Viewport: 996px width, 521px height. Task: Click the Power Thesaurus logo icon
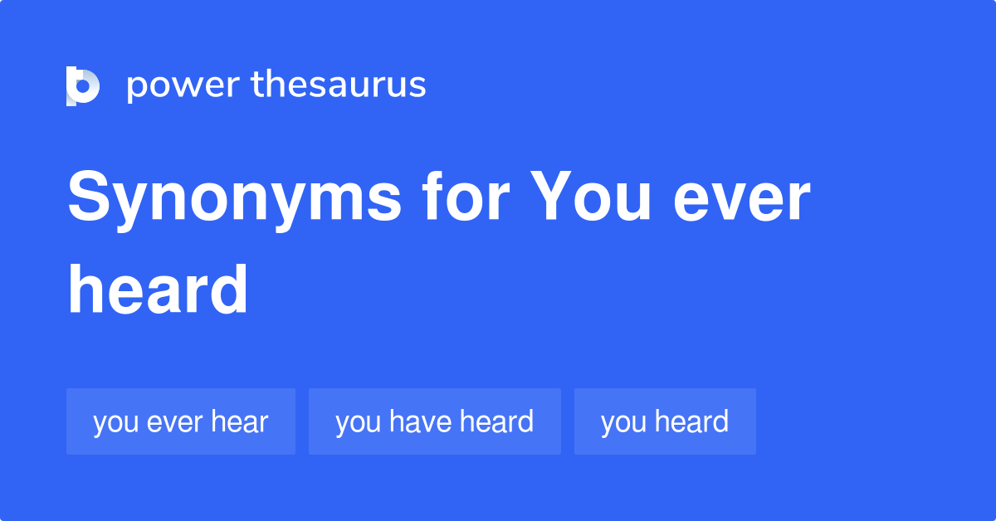pyautogui.click(x=83, y=86)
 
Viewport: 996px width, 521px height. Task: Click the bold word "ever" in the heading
pyautogui.click(x=741, y=199)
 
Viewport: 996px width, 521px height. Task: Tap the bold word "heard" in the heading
pyautogui.click(x=158, y=290)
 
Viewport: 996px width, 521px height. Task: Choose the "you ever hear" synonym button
pyautogui.click(x=181, y=421)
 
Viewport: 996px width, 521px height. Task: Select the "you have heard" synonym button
pyautogui.click(x=434, y=421)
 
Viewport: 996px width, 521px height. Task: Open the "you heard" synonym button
pyautogui.click(x=665, y=421)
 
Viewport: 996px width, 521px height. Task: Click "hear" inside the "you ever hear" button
pyautogui.click(x=239, y=421)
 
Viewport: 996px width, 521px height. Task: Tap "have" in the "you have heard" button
pyautogui.click(x=420, y=421)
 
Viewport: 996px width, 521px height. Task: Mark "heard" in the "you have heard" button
pyautogui.click(x=496, y=421)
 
